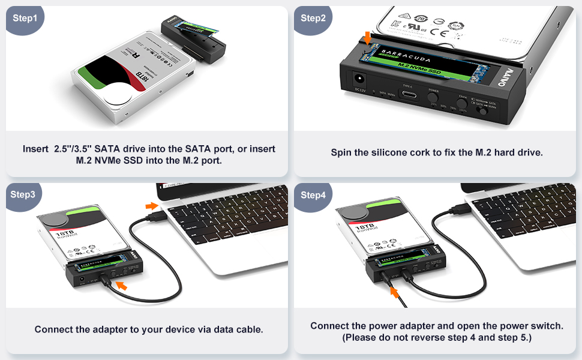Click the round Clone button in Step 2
[x=462, y=103]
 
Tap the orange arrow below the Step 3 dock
[x=122, y=286]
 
